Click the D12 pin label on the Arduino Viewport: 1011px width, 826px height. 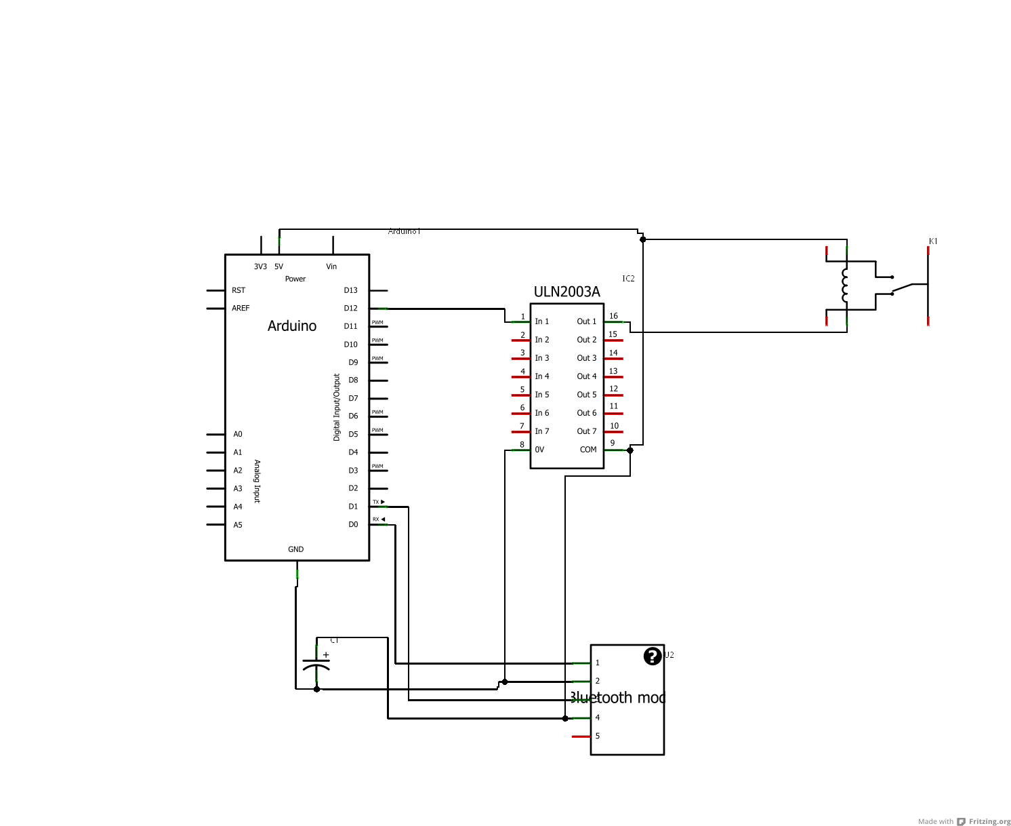tap(350, 309)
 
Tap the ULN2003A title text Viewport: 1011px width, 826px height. tap(566, 292)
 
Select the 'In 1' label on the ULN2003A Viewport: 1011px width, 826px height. tap(542, 321)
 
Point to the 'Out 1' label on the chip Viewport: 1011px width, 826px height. tap(587, 321)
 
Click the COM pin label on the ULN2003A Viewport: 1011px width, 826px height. tap(588, 450)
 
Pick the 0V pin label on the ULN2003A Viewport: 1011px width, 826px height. tap(539, 450)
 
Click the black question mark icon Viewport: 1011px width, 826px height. tap(652, 656)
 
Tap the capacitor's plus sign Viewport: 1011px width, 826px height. tap(326, 655)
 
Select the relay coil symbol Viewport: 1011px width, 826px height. tap(844, 286)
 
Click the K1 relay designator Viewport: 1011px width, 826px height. tap(933, 241)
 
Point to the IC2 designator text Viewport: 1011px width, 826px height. tap(628, 279)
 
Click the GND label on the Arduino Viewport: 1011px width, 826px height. tap(296, 549)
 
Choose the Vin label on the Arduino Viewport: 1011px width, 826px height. tap(331, 267)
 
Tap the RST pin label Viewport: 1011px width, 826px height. tap(239, 290)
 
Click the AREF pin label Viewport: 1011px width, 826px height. tap(241, 308)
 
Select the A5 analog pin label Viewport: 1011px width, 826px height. tap(238, 525)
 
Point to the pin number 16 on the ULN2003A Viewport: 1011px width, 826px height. tap(613, 316)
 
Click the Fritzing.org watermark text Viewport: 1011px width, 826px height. tap(989, 821)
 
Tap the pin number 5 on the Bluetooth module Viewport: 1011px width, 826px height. tap(597, 736)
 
